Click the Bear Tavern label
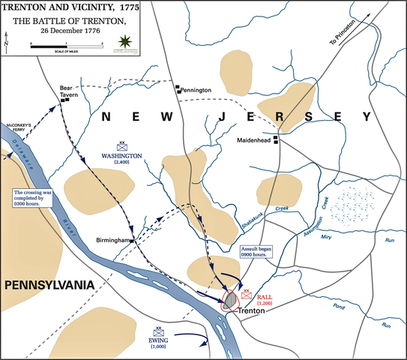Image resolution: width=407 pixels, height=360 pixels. [68, 91]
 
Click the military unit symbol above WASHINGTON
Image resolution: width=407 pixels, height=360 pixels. [123, 147]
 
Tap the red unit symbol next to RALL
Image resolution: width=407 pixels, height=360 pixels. [246, 295]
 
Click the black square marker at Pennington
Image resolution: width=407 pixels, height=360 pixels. [178, 88]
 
